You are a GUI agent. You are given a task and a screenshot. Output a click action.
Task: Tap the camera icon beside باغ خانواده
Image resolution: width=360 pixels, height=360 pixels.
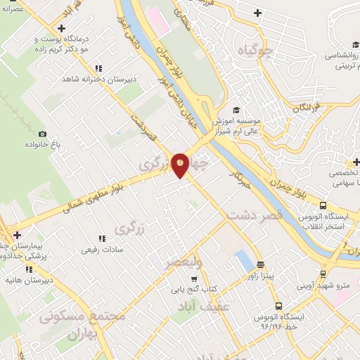[43, 134]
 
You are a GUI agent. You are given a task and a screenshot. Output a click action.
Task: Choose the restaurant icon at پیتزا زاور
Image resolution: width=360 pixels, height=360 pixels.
[261, 265]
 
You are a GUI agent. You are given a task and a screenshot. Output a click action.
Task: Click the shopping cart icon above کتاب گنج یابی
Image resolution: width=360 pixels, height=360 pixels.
[194, 278]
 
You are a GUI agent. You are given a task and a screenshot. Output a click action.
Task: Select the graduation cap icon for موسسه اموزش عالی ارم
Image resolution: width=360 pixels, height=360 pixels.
[237, 110]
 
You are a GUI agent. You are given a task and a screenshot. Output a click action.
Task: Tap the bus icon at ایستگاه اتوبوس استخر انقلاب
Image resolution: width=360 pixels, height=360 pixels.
[323, 206]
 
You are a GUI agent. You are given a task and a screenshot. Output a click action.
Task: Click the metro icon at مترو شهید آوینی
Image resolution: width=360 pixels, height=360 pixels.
[323, 274]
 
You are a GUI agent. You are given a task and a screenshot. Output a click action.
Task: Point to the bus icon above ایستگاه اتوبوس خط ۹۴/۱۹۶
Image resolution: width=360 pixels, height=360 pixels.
[278, 307]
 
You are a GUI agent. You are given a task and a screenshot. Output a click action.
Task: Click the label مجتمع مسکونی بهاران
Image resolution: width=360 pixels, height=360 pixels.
[79, 325]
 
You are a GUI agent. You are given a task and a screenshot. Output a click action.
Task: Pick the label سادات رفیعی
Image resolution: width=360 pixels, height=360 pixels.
[102, 249]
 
